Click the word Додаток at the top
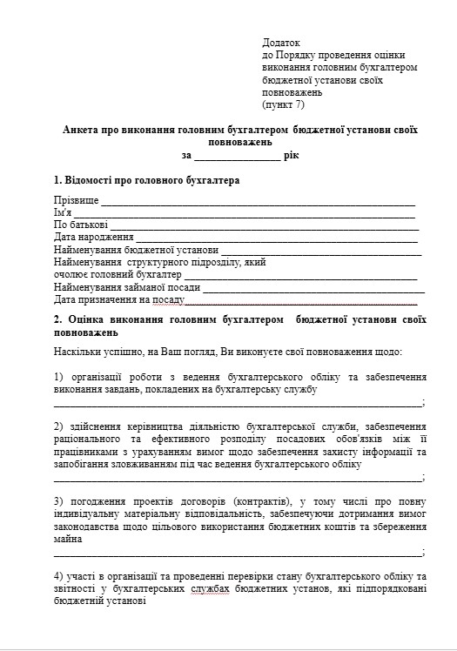pos(280,42)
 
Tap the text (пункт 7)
pos(284,104)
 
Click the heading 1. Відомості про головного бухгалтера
pos(146,181)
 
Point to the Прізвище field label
pos(76,200)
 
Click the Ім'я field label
pos(63,212)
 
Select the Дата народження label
pos(93,237)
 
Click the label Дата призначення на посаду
pos(119,299)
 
